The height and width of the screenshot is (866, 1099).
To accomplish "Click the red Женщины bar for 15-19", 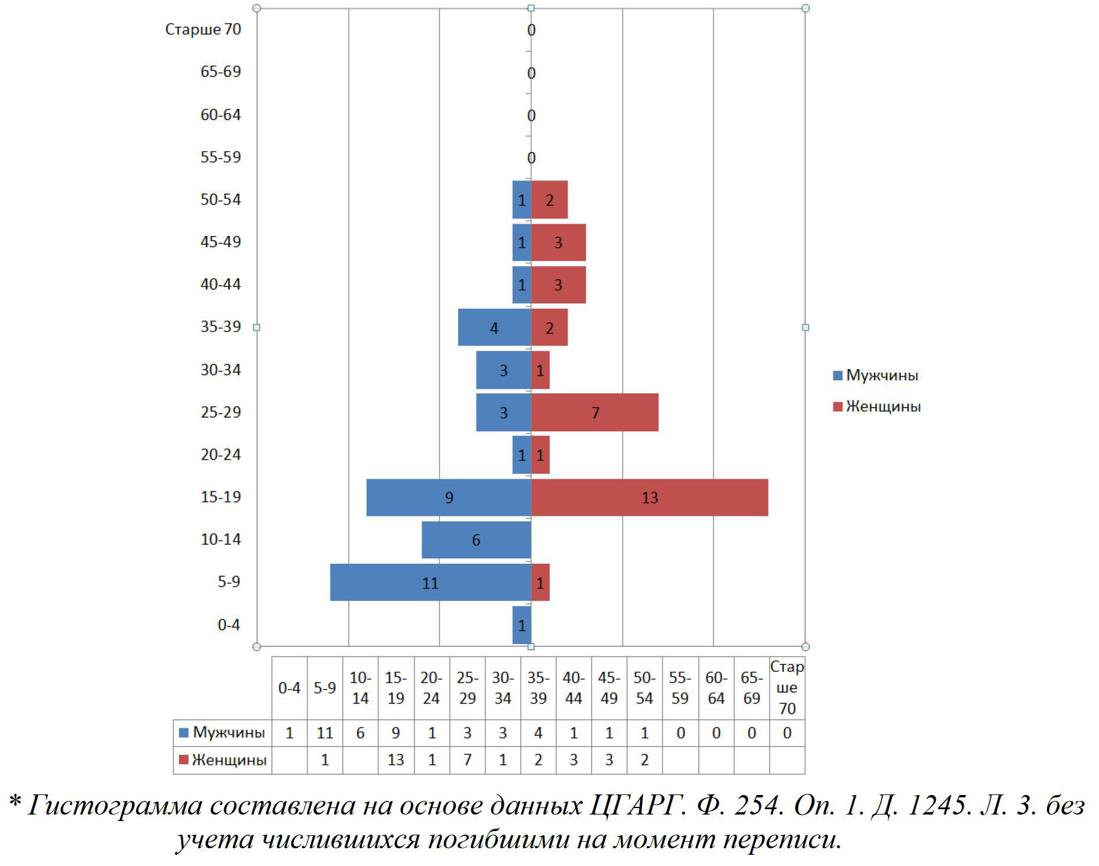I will coord(649,497).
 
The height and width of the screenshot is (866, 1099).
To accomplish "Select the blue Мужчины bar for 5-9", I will coord(430,583).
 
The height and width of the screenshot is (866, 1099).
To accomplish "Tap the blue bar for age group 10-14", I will coord(476,539).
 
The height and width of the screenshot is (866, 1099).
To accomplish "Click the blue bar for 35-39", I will coord(494,328).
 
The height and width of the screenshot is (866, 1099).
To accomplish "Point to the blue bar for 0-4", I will coord(521,625).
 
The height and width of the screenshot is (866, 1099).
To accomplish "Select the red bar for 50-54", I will coord(549,200).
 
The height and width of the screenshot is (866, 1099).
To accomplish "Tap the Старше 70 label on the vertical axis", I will coord(203,30).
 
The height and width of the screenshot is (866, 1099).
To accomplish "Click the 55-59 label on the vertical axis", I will coord(221,157).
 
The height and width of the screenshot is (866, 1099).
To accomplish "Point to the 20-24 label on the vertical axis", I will coord(221,455).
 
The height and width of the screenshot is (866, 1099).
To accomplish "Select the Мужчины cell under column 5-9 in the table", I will coord(325,733).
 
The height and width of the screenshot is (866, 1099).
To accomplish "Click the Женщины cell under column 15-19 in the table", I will coord(395,760).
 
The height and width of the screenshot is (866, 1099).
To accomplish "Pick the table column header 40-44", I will coord(573,688).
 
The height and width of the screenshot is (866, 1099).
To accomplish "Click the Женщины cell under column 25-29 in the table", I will coord(467,760).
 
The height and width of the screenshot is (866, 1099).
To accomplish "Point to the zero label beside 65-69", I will coord(531,73).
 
